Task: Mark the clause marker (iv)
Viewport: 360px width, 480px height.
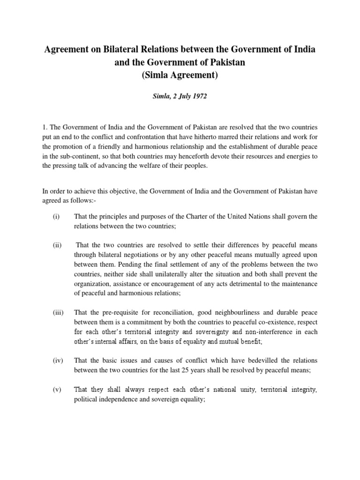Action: [57, 360]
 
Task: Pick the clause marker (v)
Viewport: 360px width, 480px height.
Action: [56, 389]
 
